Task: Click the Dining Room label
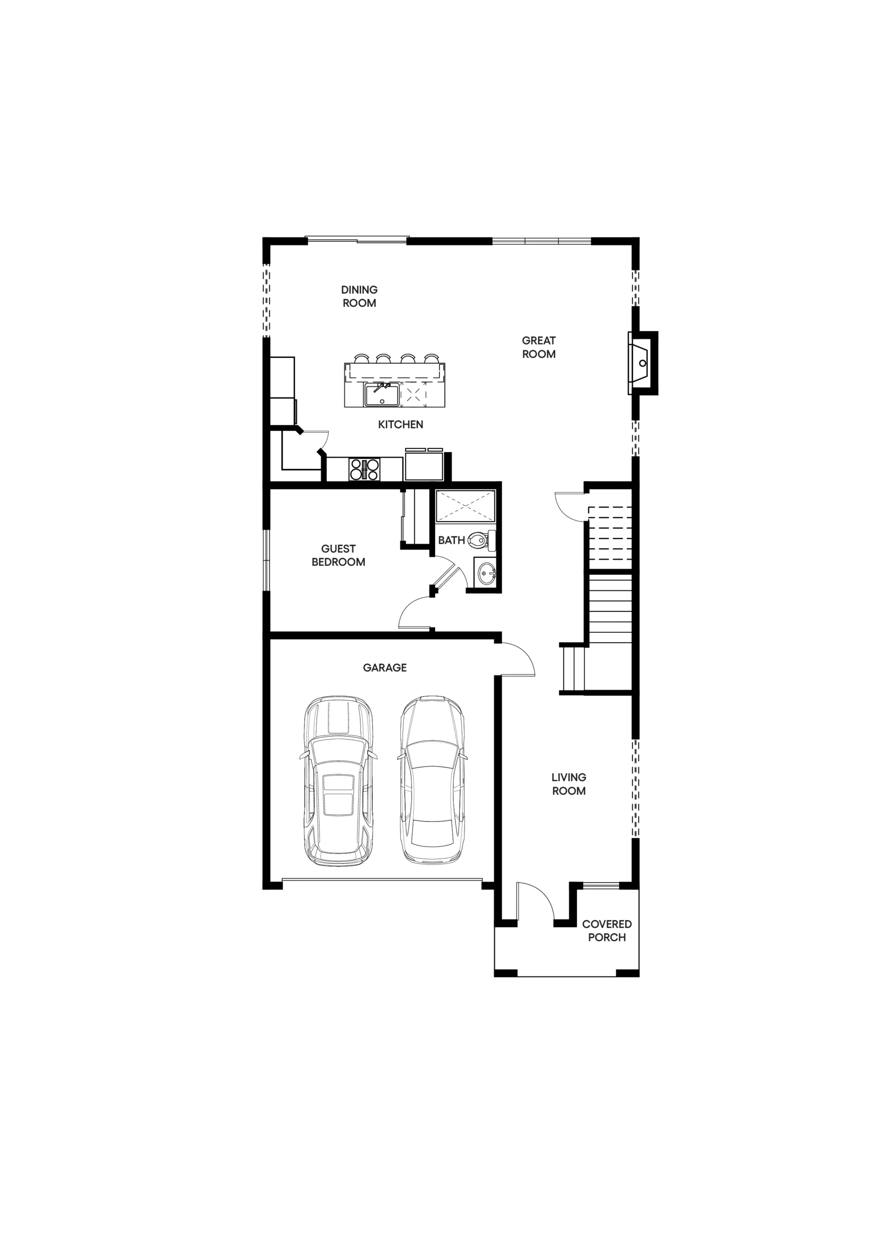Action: click(x=359, y=296)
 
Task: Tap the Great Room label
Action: click(x=539, y=347)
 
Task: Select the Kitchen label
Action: click(x=401, y=424)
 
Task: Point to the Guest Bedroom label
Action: click(x=338, y=556)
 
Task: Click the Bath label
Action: click(x=451, y=540)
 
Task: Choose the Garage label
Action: click(x=385, y=668)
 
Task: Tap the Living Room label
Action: click(x=569, y=784)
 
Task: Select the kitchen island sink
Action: click(x=382, y=394)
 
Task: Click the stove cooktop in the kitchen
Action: click(x=365, y=469)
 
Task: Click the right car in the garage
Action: click(x=432, y=780)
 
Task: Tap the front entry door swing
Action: click(x=536, y=902)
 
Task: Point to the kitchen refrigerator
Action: click(x=424, y=465)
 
